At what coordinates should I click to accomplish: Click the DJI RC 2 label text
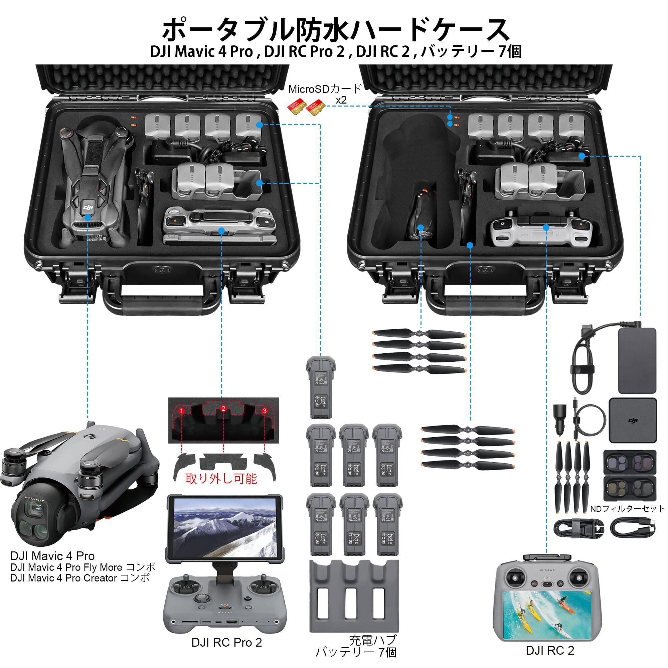click(550, 650)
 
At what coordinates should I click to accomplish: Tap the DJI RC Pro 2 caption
click(227, 643)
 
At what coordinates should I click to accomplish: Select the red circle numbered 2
click(223, 409)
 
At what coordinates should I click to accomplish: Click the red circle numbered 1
click(181, 411)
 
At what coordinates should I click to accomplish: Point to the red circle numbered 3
click(265, 411)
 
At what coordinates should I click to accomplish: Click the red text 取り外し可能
click(221, 479)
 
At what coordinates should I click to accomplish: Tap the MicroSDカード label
click(325, 89)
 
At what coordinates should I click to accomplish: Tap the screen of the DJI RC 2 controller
click(550, 619)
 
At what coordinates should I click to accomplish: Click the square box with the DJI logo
click(632, 421)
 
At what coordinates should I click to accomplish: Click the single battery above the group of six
click(321, 384)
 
